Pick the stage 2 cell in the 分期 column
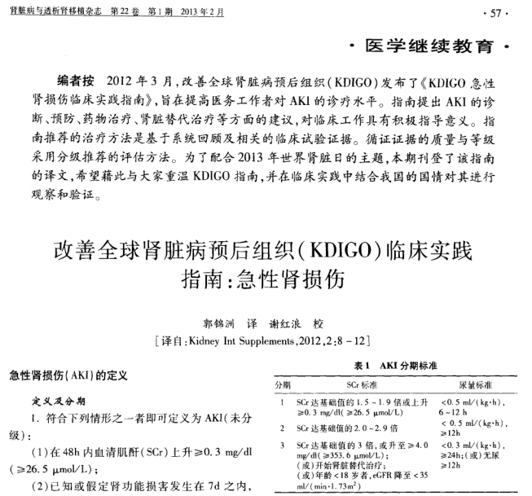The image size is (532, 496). click(x=282, y=427)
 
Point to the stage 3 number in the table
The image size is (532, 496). click(x=282, y=446)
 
